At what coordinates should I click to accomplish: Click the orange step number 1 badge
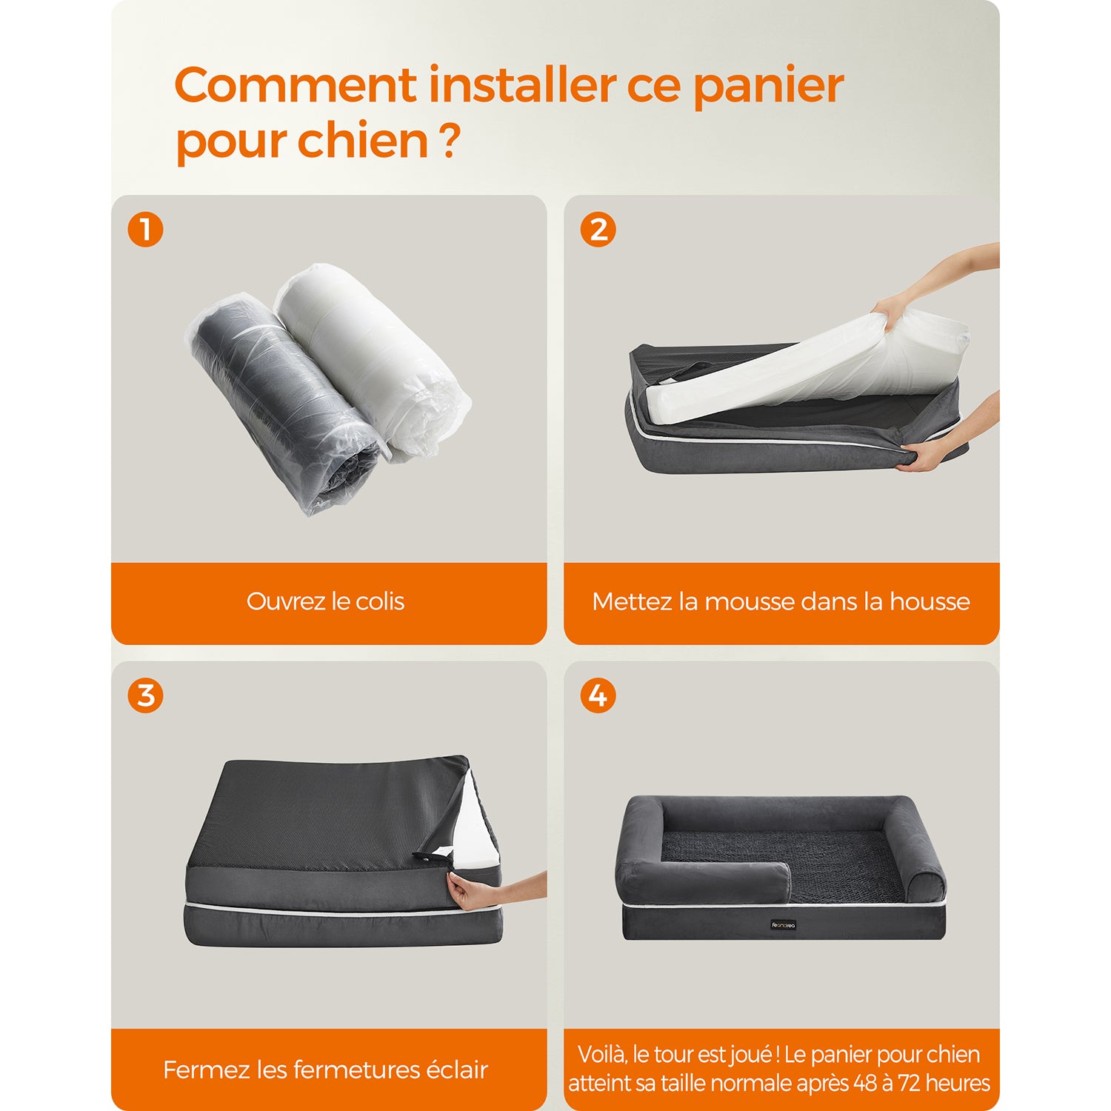[145, 230]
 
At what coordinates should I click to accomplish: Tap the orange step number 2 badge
[598, 230]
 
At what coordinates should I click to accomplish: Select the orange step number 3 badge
[145, 695]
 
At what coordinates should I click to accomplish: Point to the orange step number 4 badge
[598, 695]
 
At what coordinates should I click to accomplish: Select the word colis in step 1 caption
[380, 601]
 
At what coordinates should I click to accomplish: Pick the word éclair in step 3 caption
[457, 1070]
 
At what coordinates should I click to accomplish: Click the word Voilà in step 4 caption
[602, 1055]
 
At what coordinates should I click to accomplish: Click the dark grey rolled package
[284, 404]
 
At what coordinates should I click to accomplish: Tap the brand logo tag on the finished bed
[784, 925]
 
